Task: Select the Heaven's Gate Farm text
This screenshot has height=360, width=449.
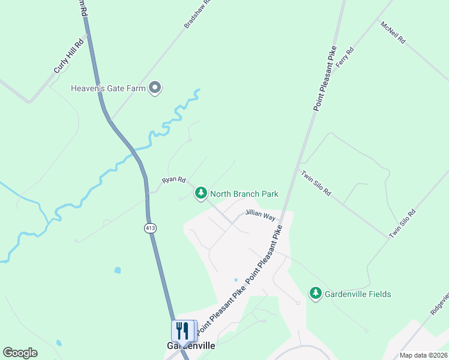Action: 109,88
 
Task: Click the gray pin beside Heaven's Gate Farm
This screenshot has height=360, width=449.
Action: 155,88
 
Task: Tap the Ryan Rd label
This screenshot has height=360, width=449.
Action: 174,180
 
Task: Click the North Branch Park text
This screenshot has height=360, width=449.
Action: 244,194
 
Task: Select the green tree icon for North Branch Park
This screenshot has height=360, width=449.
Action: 201,193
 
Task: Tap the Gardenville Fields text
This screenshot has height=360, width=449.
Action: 358,294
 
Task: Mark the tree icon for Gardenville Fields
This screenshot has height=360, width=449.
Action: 316,293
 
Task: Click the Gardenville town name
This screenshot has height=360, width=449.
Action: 190,346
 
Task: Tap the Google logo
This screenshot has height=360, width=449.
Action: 20,353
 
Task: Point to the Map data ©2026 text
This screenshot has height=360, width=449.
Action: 423,355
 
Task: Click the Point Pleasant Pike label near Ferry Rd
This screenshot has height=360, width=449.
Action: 325,77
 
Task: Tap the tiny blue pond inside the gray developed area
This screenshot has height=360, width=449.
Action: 235,280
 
